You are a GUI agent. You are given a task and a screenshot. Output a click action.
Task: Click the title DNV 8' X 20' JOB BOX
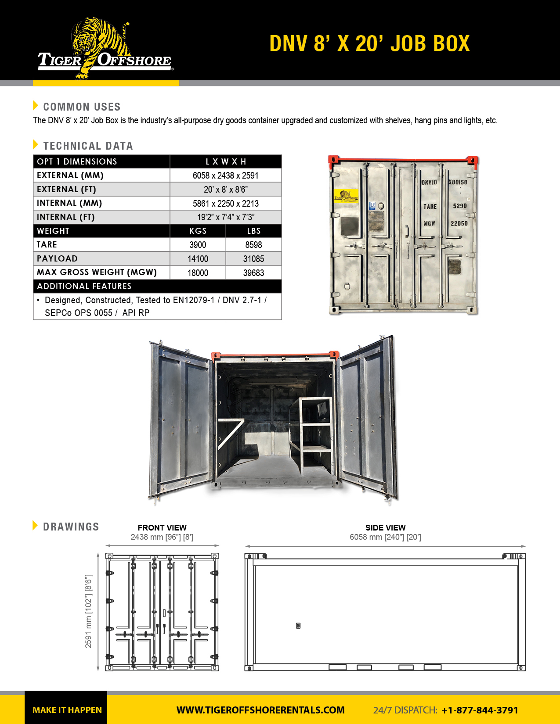click(x=369, y=43)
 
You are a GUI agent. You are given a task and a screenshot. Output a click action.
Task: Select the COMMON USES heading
click(x=82, y=107)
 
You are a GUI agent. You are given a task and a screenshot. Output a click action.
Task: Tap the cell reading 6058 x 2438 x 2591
click(x=225, y=176)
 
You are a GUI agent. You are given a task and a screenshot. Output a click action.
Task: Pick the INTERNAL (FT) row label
click(x=66, y=217)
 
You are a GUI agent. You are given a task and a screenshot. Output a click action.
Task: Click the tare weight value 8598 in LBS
click(x=253, y=245)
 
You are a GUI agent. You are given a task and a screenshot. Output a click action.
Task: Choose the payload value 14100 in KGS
click(x=198, y=259)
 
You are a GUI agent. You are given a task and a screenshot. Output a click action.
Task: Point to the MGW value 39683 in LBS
click(x=253, y=273)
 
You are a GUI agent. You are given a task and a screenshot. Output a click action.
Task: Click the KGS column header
click(x=198, y=231)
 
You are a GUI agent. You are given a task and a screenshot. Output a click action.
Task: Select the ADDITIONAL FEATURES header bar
click(x=157, y=286)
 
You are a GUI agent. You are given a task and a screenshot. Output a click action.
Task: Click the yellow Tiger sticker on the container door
click(x=346, y=196)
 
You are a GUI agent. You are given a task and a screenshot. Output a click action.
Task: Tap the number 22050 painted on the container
click(x=459, y=223)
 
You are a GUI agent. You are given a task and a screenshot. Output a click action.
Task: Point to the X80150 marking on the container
click(x=458, y=182)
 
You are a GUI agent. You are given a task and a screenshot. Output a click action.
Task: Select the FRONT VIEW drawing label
click(x=162, y=527)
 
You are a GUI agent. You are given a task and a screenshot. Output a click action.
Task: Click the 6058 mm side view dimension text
click(x=385, y=537)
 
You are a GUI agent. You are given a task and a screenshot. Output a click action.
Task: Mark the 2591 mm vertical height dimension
click(x=89, y=611)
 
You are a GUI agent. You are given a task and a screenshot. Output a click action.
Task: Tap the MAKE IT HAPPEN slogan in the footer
click(x=67, y=710)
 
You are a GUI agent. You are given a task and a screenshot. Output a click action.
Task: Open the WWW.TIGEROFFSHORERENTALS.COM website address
click(x=260, y=710)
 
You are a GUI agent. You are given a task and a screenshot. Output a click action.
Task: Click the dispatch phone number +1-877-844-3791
click(x=480, y=710)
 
